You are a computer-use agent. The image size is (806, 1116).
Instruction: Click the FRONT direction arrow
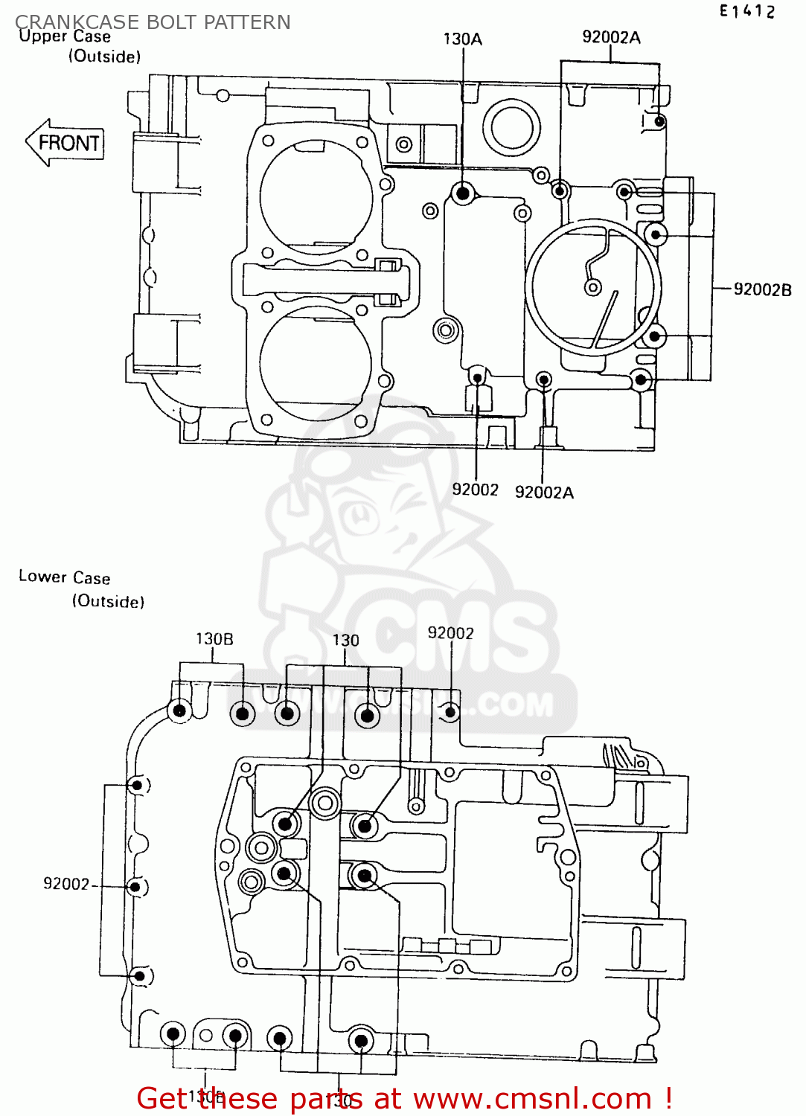coord(65,143)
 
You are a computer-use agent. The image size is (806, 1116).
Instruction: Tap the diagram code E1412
coord(746,11)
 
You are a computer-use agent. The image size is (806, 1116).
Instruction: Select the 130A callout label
coord(462,39)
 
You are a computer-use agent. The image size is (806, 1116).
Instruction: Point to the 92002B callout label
coord(762,289)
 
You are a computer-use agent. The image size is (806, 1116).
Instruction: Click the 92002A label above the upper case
coord(611,37)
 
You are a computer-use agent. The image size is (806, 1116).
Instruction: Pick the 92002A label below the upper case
coord(544,493)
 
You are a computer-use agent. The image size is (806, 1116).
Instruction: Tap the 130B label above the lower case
coord(214,639)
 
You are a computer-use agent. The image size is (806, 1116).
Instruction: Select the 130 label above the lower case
coord(345,641)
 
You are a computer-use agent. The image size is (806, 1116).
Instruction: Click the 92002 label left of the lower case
coord(66,884)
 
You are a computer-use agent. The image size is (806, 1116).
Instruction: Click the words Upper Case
coord(65,36)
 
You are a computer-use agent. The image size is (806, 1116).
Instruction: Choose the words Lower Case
coord(65,577)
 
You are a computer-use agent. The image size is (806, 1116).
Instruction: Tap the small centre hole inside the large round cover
coord(593,287)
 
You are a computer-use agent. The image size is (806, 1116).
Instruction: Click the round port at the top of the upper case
coord(511,126)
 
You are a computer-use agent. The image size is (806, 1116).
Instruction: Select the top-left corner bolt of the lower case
coord(179,711)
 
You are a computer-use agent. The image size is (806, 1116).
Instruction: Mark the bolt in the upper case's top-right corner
coord(658,121)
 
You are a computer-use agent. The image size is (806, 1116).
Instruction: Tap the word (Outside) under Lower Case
coord(108,601)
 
